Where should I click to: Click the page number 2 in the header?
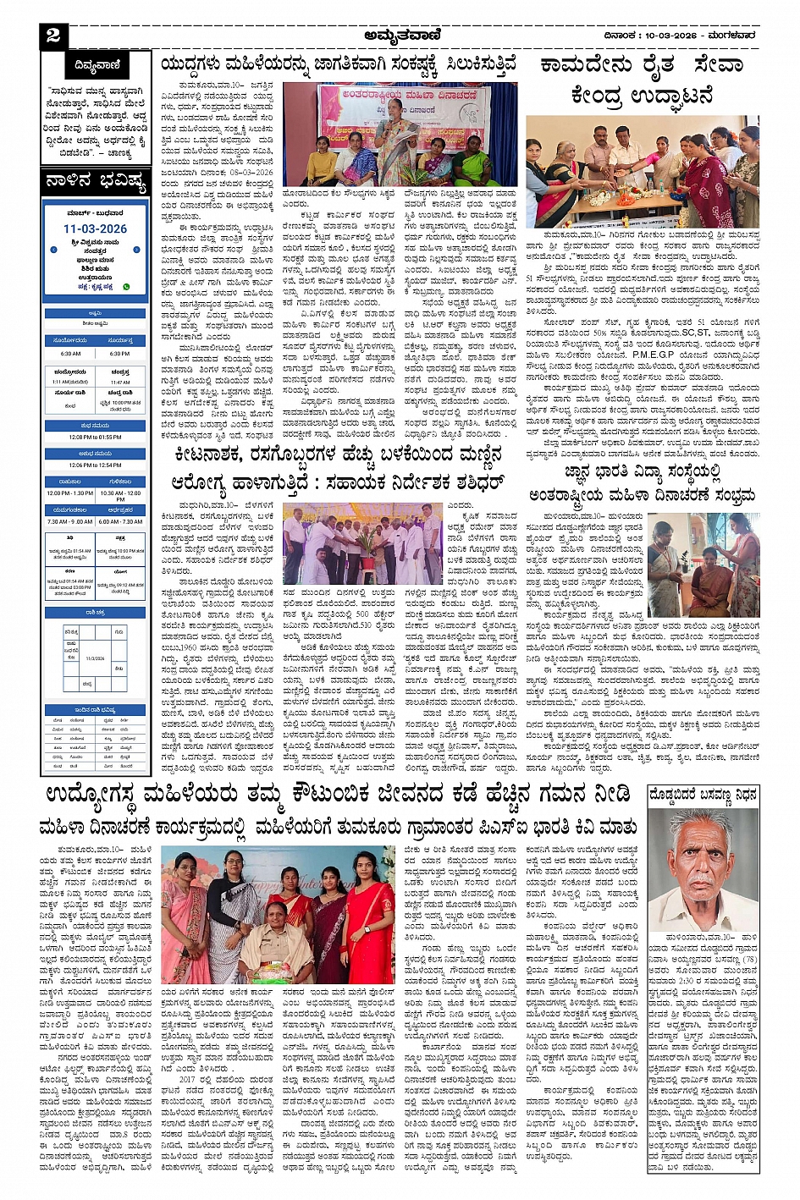(54, 35)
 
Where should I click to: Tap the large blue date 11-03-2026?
(95, 228)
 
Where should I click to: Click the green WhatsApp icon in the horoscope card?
(127, 287)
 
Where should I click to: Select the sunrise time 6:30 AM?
(70, 354)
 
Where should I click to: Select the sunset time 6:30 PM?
(119, 354)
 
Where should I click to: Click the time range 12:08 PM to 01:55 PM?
(95, 437)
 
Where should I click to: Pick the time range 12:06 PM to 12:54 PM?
(95, 465)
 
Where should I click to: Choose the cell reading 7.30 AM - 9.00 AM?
(70, 521)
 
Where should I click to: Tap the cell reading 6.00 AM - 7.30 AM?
(120, 521)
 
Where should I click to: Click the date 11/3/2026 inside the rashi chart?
(95, 657)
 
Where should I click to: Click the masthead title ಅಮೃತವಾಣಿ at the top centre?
(399, 36)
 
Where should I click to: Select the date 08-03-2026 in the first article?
(251, 172)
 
